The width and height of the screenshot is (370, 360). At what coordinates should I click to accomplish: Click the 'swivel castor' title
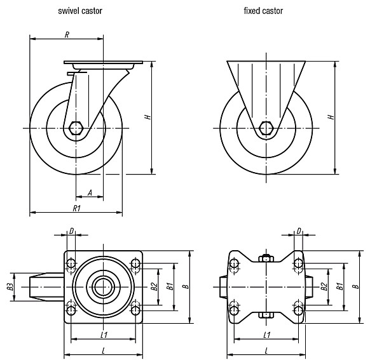click(x=80, y=11)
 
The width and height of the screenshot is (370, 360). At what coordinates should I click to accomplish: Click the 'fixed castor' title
click(x=263, y=11)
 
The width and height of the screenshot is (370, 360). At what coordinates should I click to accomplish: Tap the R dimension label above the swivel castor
click(x=67, y=35)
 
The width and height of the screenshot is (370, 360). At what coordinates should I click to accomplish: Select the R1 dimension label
click(x=77, y=208)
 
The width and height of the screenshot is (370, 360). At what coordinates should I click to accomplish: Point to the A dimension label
click(x=90, y=193)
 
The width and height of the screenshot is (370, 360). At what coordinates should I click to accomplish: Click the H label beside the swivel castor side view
click(x=148, y=117)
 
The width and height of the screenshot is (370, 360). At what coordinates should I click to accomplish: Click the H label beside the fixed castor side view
click(x=331, y=117)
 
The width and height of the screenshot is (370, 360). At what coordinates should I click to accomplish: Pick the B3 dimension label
click(x=10, y=287)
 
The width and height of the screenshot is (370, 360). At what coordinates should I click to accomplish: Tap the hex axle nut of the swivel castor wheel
click(x=76, y=128)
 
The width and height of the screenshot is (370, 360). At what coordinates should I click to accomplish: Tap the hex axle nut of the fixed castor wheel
click(x=266, y=128)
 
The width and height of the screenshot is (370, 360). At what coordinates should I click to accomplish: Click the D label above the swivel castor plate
click(x=71, y=231)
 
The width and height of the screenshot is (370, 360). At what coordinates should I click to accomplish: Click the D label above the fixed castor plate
click(x=299, y=231)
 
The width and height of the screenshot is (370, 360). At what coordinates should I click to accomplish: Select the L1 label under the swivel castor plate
click(x=104, y=335)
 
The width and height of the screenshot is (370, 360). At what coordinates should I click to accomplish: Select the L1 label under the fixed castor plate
click(x=267, y=335)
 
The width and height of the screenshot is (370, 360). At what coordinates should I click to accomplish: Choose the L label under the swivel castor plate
click(x=104, y=351)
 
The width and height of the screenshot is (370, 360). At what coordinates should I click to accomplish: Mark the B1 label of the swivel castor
click(x=170, y=286)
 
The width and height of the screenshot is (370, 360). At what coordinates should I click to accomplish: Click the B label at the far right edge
click(x=356, y=286)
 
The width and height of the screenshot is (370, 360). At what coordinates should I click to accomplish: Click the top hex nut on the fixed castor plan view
click(x=266, y=258)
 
